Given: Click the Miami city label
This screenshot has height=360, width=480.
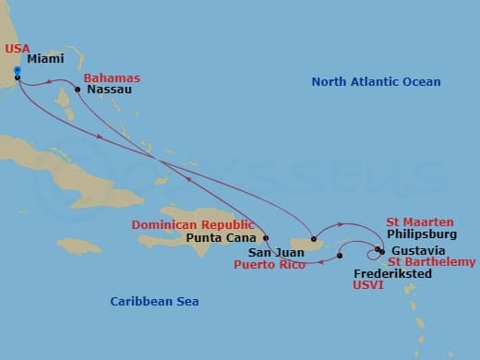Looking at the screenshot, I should click(45, 58).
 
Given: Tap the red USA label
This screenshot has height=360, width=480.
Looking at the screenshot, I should click(18, 49).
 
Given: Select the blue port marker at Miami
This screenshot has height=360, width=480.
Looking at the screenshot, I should click(18, 69).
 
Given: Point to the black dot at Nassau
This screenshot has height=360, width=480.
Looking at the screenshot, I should click(78, 90).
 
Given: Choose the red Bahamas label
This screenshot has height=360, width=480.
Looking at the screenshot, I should click(112, 78).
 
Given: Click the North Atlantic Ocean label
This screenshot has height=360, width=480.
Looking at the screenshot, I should click(376, 82).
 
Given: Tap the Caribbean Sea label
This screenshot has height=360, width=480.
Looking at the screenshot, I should click(154, 301).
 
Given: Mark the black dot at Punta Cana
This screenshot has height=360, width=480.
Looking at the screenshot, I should click(266, 237).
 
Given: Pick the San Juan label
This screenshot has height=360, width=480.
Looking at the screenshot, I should click(274, 250).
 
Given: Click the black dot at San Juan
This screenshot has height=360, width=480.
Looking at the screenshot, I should click(314, 240).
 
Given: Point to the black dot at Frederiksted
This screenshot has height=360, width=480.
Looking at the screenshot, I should click(340, 256).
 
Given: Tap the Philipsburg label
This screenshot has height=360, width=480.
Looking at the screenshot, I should click(422, 234).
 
